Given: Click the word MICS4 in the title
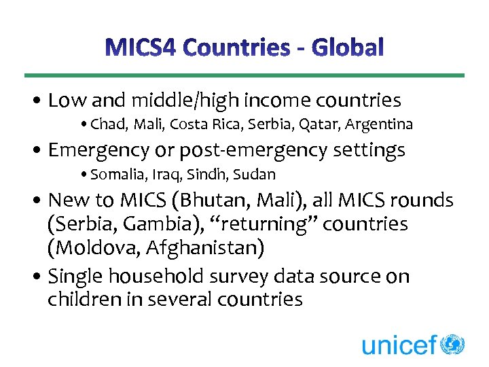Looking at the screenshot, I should [142, 48].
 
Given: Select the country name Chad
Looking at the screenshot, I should [106, 124].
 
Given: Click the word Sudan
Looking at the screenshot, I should [254, 175].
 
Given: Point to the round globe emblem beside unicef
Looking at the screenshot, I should [452, 343].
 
